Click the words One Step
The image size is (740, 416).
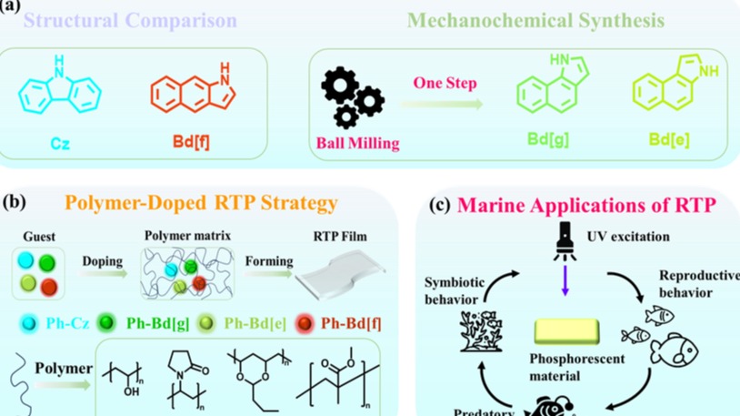tap(445, 84)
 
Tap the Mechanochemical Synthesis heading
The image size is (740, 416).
tap(535, 19)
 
